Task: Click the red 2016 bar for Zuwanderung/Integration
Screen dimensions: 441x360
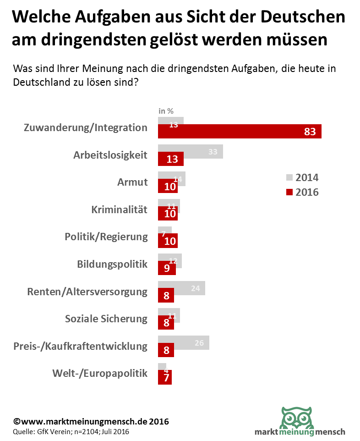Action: (x=240, y=132)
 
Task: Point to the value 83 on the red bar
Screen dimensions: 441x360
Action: (x=310, y=132)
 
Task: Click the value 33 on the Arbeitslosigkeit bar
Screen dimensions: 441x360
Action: (x=213, y=152)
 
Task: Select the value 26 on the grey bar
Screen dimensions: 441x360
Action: (x=199, y=342)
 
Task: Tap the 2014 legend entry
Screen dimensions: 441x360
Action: (x=302, y=177)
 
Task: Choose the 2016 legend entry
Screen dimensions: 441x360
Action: (x=302, y=192)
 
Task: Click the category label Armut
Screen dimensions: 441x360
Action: (x=132, y=182)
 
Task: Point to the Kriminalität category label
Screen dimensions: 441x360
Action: (x=119, y=209)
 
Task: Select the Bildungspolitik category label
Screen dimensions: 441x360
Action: (x=112, y=264)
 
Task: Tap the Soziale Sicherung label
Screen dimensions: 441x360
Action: (x=106, y=319)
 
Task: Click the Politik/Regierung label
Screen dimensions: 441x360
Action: (x=106, y=237)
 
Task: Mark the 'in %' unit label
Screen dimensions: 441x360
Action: (x=166, y=110)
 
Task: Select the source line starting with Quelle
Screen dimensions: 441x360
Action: (x=71, y=432)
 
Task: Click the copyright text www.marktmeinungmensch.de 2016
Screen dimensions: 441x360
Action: (x=91, y=421)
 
